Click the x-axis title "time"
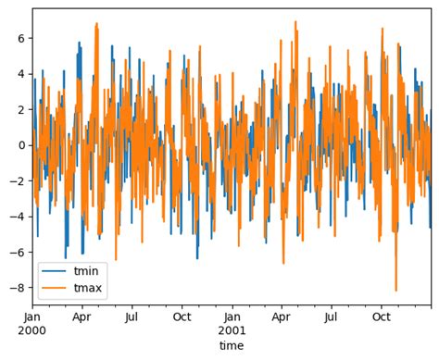pos(232,345)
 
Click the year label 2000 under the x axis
pos(32,329)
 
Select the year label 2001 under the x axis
pos(232,329)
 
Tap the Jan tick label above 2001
pos(232,316)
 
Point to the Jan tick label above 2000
pos(32,316)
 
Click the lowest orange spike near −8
pos(396,290)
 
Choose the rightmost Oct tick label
pos(382,316)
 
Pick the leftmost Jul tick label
pos(132,316)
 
